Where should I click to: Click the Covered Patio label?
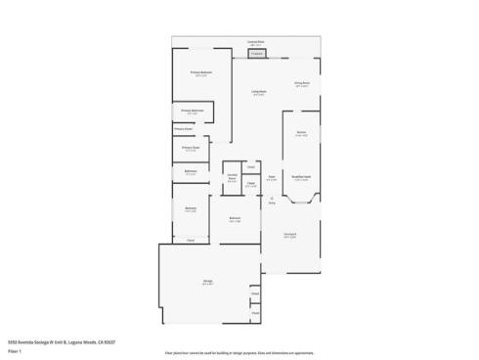point(253,43)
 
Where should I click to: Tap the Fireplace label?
point(256,54)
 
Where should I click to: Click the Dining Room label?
point(302,84)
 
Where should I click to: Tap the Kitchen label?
point(301,134)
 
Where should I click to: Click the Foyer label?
point(271,177)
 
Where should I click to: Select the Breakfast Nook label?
point(301,177)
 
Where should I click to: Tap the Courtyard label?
point(290,235)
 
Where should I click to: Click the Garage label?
point(208,281)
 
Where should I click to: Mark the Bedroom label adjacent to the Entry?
point(235,217)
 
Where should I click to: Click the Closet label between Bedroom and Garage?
point(191,240)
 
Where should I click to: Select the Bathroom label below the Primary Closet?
point(191,172)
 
